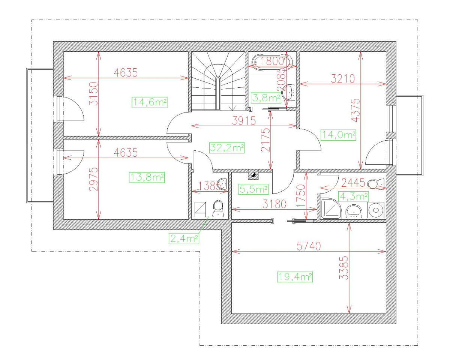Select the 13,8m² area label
tap(147, 177)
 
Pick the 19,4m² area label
tap(295, 277)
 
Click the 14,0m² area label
tap(338, 135)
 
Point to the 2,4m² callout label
tap(184, 238)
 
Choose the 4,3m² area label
tap(353, 196)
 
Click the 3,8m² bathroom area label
tap(266, 98)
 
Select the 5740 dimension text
tap(309, 246)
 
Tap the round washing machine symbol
tap(375, 210)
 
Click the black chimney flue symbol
tap(254, 174)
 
